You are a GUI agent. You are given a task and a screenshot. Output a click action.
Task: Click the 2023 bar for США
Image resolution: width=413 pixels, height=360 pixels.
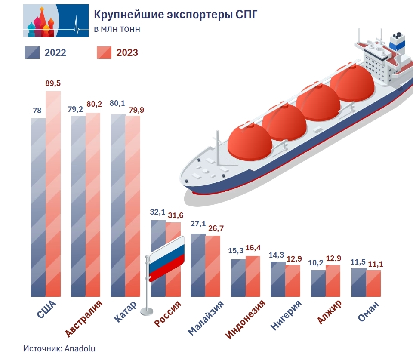(x=53, y=194)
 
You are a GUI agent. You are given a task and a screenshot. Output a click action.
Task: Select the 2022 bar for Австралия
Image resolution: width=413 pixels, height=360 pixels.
(x=78, y=206)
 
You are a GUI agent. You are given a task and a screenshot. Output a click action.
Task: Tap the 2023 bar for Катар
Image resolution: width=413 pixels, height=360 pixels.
(x=133, y=206)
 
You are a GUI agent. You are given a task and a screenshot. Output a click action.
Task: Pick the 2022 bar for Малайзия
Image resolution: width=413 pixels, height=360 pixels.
(x=198, y=265)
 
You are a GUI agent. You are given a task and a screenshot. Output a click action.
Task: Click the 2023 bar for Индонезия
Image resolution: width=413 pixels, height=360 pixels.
(x=253, y=276)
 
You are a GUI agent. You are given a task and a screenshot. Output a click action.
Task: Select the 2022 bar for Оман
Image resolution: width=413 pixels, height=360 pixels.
(x=359, y=282)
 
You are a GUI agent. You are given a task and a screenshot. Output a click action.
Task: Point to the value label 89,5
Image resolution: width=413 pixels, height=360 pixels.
(x=53, y=83)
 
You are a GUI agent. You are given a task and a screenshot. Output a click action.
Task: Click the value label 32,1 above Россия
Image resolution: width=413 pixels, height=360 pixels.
(x=158, y=212)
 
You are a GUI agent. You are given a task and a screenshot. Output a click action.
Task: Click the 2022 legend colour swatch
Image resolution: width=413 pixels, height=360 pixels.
(x=32, y=52)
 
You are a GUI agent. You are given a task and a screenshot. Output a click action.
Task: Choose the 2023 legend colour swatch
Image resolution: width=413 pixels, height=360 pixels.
(x=104, y=52)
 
